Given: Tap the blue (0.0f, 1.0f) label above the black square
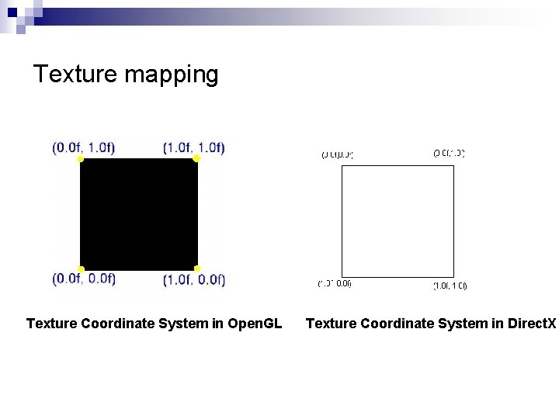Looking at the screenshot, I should pyautogui.click(x=83, y=147).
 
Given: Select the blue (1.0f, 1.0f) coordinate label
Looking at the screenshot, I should pyautogui.click(x=194, y=147).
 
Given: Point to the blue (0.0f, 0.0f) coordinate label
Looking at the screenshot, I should pyautogui.click(x=84, y=279).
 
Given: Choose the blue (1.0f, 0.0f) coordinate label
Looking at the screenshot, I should pyautogui.click(x=194, y=280).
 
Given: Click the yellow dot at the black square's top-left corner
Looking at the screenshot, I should pyautogui.click(x=80, y=159).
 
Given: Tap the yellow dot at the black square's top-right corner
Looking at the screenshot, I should pyautogui.click(x=196, y=158).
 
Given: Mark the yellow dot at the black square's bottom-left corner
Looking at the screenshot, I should pyautogui.click(x=80, y=269).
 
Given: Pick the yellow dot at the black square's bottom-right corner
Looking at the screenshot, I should pyautogui.click(x=196, y=269).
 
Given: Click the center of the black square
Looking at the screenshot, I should pyautogui.click(x=138, y=214).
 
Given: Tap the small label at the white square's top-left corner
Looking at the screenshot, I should pyautogui.click(x=337, y=154).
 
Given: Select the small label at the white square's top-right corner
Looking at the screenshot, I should pyautogui.click(x=449, y=154).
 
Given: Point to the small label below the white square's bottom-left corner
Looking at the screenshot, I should pyautogui.click(x=335, y=283).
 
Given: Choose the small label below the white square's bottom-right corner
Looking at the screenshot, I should pyautogui.click(x=450, y=286).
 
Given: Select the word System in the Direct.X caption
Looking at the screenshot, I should pyautogui.click(x=469, y=323).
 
